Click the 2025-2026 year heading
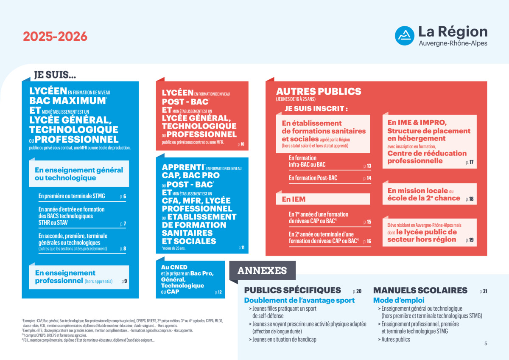(x=55, y=37)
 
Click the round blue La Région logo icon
(x=405, y=36)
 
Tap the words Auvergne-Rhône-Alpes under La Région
(x=453, y=43)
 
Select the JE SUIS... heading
(x=55, y=75)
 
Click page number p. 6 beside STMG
(x=123, y=197)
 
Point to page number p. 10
(x=241, y=145)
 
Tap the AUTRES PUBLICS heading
(x=319, y=91)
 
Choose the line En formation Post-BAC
(x=313, y=178)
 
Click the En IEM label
(x=294, y=199)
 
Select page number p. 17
(x=470, y=163)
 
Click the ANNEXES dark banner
(x=262, y=271)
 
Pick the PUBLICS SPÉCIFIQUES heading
(x=292, y=290)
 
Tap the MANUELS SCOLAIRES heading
(x=420, y=290)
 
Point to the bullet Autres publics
(x=396, y=339)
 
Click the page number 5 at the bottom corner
(x=486, y=344)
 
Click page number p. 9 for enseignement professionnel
(x=124, y=281)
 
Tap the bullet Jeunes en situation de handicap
(x=284, y=339)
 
